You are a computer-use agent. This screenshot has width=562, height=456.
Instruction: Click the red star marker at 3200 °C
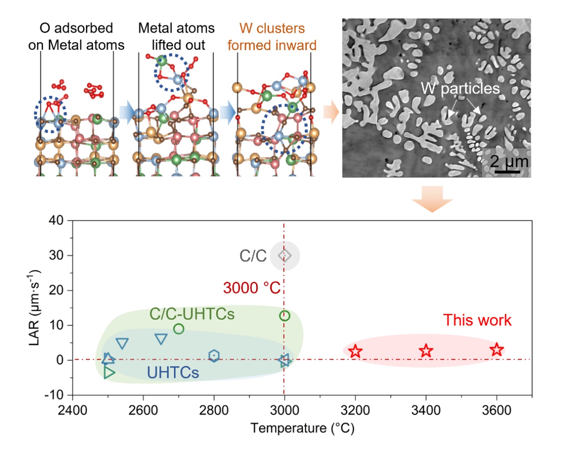click(x=355, y=352)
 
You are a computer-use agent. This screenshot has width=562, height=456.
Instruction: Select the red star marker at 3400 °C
click(x=426, y=351)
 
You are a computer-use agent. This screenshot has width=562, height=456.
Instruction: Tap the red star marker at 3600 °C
click(x=497, y=349)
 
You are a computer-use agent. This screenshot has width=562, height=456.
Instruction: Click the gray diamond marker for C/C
click(x=285, y=256)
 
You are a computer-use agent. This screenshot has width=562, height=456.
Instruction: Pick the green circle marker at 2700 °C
click(x=178, y=329)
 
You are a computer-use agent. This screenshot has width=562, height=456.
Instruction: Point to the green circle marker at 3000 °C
click(x=285, y=316)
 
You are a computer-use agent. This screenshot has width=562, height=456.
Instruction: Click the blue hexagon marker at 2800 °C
click(x=214, y=356)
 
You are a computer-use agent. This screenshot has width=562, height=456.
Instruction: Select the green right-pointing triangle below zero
click(x=109, y=373)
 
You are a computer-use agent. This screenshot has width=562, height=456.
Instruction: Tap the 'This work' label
click(x=477, y=320)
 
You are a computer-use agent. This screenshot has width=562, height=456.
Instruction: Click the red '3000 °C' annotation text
click(x=252, y=288)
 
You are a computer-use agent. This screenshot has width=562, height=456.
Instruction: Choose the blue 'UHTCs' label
click(x=173, y=373)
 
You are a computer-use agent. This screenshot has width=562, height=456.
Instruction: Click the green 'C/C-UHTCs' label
click(x=192, y=314)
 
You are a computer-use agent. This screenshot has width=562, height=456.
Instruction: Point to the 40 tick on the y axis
click(x=56, y=220)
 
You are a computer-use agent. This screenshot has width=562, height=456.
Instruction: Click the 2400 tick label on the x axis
click(x=72, y=410)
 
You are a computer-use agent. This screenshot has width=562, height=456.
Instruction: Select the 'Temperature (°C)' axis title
click(x=302, y=428)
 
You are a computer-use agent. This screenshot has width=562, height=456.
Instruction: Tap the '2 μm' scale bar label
click(x=509, y=161)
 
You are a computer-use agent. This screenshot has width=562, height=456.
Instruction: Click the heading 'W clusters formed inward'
click(x=272, y=37)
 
